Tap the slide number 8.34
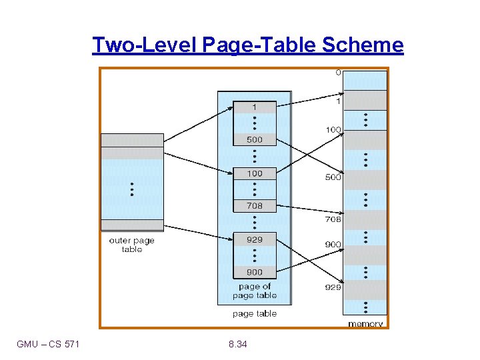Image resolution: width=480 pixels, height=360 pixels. [236, 344]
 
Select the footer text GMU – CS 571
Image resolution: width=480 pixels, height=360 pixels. [48, 344]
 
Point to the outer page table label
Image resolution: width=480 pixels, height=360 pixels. [132, 245]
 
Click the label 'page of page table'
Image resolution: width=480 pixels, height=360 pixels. [254, 291]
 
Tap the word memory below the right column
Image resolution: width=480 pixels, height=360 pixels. [365, 324]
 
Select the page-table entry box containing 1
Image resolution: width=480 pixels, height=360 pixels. [254, 107]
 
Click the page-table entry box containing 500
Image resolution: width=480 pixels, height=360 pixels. [254, 140]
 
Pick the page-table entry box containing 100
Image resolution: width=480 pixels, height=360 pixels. [254, 173]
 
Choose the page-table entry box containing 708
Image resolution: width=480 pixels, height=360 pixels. [254, 206]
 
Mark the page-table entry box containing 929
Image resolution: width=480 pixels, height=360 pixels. [254, 239]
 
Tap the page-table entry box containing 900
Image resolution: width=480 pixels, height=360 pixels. [254, 272]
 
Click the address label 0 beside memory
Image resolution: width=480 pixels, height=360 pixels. [338, 73]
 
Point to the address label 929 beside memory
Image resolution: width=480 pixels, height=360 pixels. [333, 287]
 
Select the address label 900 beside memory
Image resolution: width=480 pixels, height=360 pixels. [333, 245]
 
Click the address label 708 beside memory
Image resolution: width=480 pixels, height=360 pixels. [333, 219]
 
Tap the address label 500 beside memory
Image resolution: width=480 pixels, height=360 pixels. [333, 177]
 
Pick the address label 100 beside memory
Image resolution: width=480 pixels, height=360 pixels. [333, 129]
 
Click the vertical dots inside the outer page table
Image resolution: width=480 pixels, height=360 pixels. [132, 189]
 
